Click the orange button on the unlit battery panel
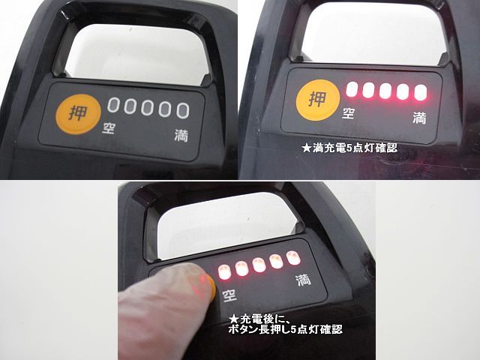tap(78, 114)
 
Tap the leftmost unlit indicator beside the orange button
tap(112, 105)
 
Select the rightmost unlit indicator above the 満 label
tap(183, 110)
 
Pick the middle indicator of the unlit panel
tap(147, 108)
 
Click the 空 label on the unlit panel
tap(109, 128)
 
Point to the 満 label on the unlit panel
tap(181, 136)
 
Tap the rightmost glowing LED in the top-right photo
tap(421, 92)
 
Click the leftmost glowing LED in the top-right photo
tap(352, 89)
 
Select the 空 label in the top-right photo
tap(348, 113)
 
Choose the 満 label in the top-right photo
tap(419, 118)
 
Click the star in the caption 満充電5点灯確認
tap(306, 148)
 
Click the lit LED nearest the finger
tap(224, 272)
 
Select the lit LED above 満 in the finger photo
tap(293, 258)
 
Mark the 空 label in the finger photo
tap(229, 295)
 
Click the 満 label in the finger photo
tap(303, 280)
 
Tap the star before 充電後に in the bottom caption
tap(234, 320)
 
